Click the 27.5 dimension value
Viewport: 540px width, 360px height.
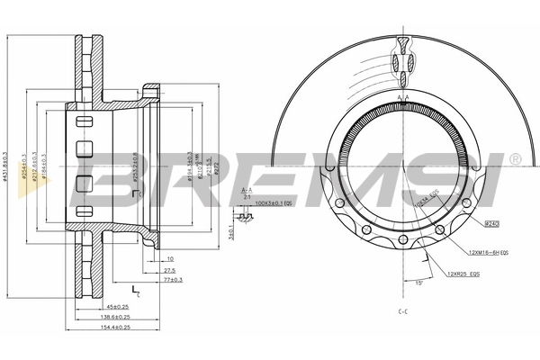168,269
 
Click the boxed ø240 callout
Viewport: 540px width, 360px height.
491,220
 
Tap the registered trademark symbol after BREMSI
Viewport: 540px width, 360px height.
514,159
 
